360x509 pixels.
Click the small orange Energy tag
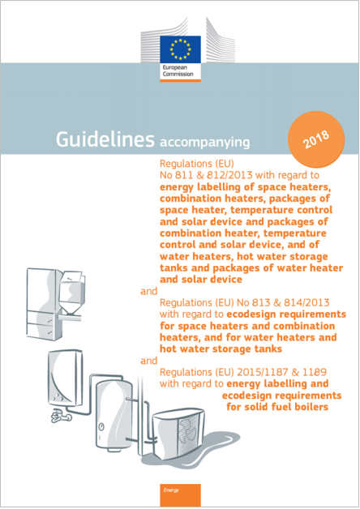click(169, 490)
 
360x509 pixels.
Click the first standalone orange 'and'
click(150, 289)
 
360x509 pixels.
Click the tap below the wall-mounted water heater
click(58, 417)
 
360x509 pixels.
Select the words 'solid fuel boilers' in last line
click(280, 407)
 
